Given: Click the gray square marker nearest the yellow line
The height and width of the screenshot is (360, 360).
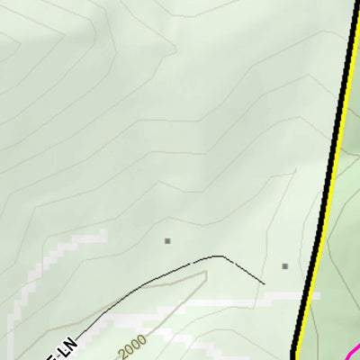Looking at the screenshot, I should (285, 265).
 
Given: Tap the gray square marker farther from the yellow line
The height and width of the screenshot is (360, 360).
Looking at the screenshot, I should (167, 240).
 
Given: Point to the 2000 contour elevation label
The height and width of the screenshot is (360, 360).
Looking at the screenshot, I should (131, 345).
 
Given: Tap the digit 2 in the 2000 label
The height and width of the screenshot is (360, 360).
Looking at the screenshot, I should (121, 352).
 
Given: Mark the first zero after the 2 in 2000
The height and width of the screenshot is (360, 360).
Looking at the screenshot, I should (128, 347).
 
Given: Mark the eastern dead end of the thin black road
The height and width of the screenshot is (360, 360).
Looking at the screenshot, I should (265, 284).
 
